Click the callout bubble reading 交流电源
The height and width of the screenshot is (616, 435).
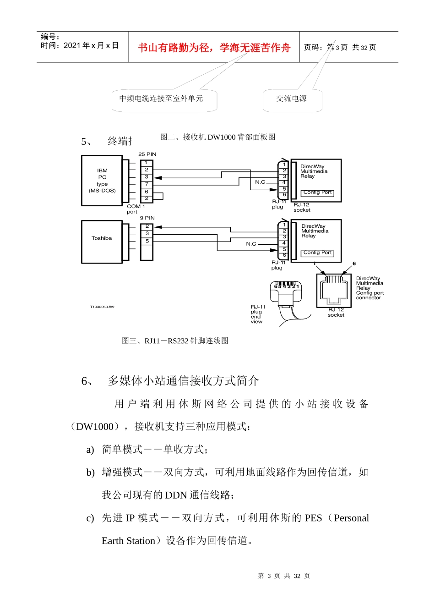click(292, 99)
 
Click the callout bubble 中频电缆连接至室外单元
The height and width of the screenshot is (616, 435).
click(161, 99)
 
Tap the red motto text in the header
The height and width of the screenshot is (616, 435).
click(214, 48)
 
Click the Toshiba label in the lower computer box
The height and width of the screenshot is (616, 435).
click(102, 238)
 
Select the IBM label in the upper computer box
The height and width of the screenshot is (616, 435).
click(102, 170)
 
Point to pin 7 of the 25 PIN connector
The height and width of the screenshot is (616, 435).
click(147, 184)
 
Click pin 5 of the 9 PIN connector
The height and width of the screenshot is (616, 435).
click(147, 241)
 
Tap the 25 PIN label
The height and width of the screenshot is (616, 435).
click(147, 154)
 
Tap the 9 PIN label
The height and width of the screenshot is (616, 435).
click(147, 218)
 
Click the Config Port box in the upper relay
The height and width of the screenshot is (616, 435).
click(317, 193)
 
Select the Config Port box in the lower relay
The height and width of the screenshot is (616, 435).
click(317, 253)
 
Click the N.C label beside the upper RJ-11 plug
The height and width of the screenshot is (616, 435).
click(260, 182)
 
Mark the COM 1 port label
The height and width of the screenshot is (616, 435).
click(136, 209)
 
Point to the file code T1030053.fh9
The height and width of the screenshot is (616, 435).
click(102, 307)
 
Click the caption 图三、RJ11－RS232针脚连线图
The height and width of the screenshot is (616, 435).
click(175, 341)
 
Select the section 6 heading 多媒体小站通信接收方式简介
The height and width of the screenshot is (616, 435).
click(183, 381)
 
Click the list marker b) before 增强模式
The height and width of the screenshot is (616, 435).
click(90, 473)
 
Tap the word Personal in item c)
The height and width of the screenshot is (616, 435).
click(351, 518)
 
